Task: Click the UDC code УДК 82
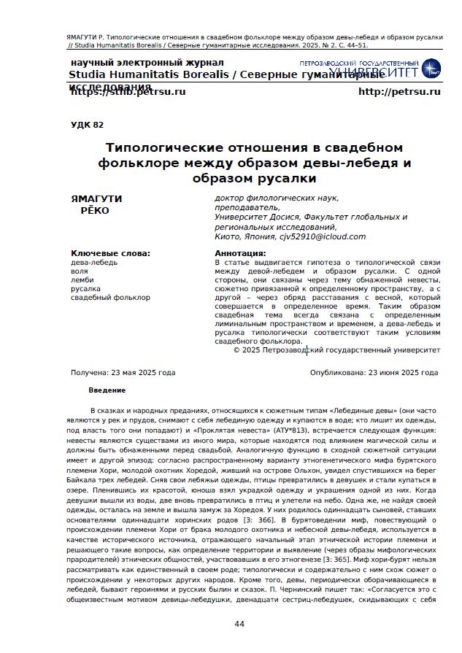pyautogui.click(x=87, y=125)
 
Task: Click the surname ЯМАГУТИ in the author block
pyautogui.click(x=96, y=198)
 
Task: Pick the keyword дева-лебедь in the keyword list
pyautogui.click(x=93, y=262)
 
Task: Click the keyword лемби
pyautogui.click(x=82, y=279)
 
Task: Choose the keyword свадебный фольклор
pyautogui.click(x=109, y=297)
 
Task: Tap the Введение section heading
pyautogui.click(x=107, y=390)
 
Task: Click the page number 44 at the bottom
pyautogui.click(x=239, y=624)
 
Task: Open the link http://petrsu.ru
pyautogui.click(x=399, y=92)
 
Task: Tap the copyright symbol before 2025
pyautogui.click(x=236, y=350)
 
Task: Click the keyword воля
pyautogui.click(x=79, y=271)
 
